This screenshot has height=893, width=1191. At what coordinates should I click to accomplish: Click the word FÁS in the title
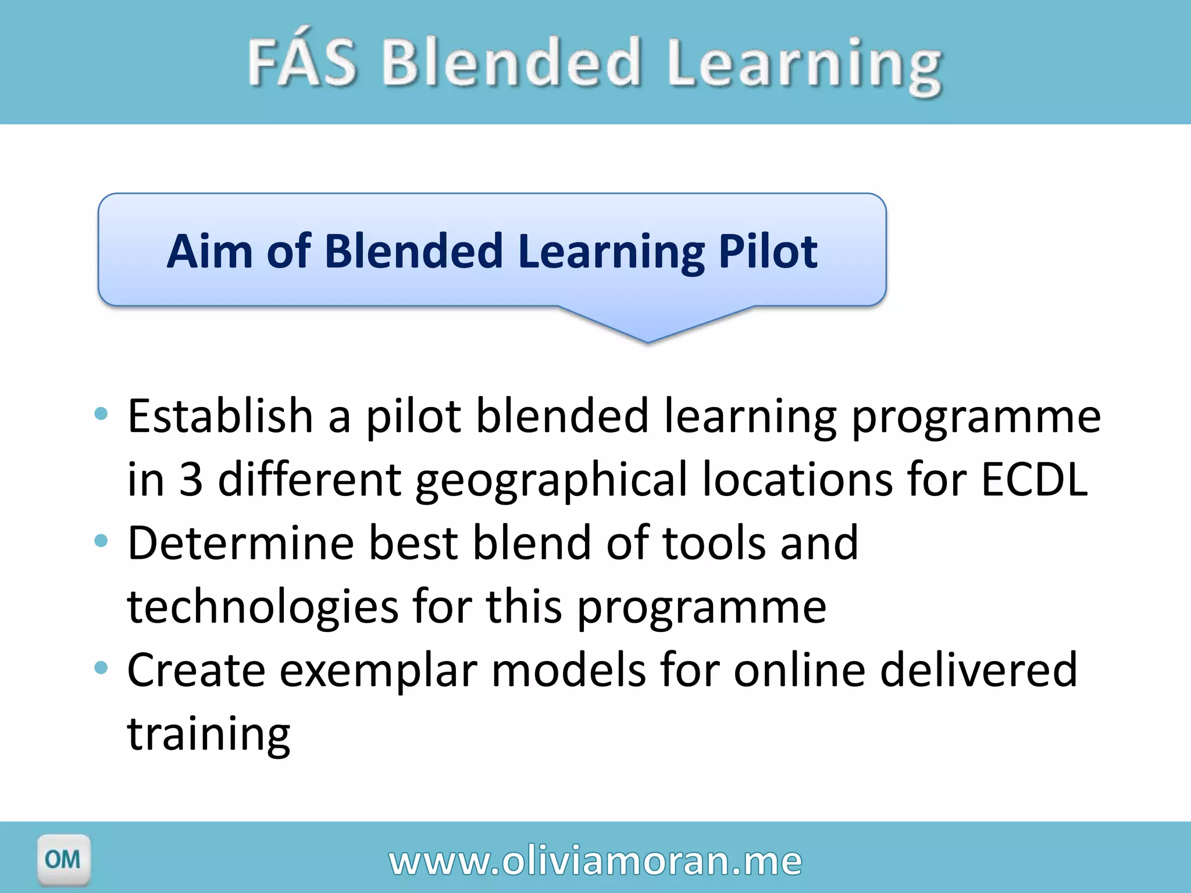click(302, 63)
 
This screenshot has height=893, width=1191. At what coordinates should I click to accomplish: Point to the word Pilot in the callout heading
click(768, 251)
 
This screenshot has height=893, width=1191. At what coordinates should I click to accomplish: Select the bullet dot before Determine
click(101, 541)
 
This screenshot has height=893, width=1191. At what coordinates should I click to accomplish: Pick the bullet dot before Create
click(101, 668)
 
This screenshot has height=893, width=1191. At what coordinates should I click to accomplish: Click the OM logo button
click(63, 859)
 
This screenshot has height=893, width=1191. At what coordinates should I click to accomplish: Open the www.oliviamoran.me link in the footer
click(595, 860)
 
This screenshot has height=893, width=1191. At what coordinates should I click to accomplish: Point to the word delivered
click(978, 670)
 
